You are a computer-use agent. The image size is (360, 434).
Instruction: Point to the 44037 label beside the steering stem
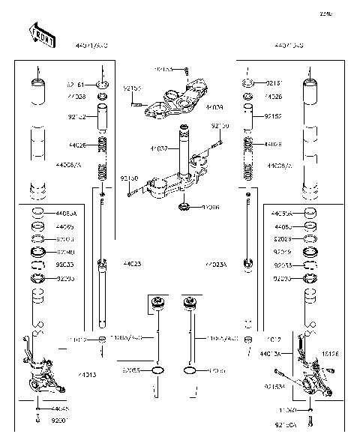click(158, 149)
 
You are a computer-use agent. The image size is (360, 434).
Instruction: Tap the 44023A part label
click(217, 264)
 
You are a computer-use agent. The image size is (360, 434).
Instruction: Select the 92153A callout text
click(274, 387)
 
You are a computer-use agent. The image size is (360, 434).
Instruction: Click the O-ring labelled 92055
click(157, 370)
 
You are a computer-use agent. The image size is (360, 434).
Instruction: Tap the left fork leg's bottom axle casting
click(42, 379)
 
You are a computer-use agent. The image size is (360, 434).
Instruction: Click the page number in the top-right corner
click(346, 13)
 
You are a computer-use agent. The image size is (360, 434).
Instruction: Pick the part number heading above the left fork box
click(91, 46)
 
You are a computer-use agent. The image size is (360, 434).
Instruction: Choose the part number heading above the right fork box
click(288, 46)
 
